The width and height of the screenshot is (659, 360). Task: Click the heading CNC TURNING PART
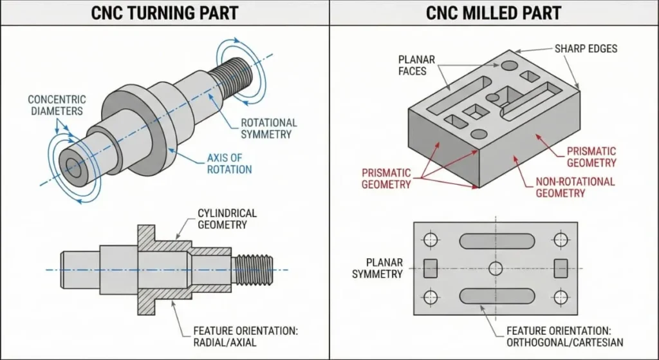(165, 12)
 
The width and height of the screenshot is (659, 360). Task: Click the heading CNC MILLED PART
(494, 12)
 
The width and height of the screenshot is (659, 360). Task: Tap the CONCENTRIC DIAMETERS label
(57, 105)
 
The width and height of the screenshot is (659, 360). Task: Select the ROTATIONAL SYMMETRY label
(268, 128)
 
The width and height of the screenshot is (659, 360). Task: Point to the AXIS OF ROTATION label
(229, 163)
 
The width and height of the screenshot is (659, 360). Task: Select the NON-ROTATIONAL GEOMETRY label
(575, 187)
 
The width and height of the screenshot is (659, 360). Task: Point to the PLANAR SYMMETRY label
(377, 268)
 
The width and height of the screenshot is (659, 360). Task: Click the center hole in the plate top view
(495, 269)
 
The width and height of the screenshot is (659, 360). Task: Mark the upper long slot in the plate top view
(495, 240)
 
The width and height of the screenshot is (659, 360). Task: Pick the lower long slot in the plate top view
(495, 297)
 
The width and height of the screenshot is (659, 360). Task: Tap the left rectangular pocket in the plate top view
(430, 268)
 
